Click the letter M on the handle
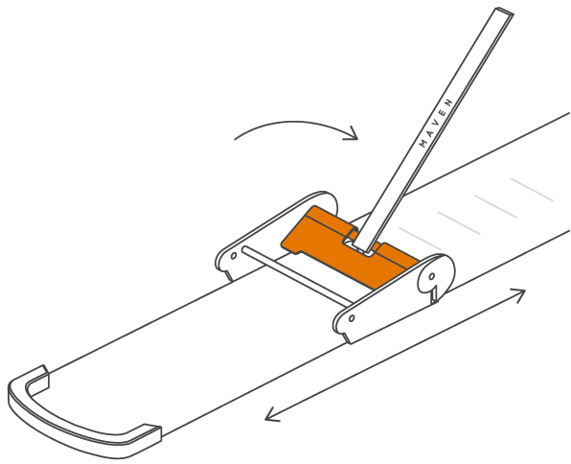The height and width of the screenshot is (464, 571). [x=423, y=144]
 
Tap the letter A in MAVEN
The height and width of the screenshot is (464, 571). [x=429, y=133]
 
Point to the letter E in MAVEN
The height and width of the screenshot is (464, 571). [x=443, y=112]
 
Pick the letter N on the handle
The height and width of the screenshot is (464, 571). [x=449, y=102]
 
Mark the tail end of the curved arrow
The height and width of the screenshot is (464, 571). [x=235, y=139]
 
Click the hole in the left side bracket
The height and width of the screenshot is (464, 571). [x=234, y=256]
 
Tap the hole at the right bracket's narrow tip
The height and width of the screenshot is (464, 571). [x=352, y=318]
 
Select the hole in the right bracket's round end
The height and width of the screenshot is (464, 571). [x=432, y=276]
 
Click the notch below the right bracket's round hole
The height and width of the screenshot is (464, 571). [x=434, y=294]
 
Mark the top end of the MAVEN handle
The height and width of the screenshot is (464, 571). [x=504, y=11]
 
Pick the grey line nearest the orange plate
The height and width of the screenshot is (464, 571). [x=420, y=239]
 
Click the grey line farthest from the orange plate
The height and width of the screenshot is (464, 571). [x=532, y=190]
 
